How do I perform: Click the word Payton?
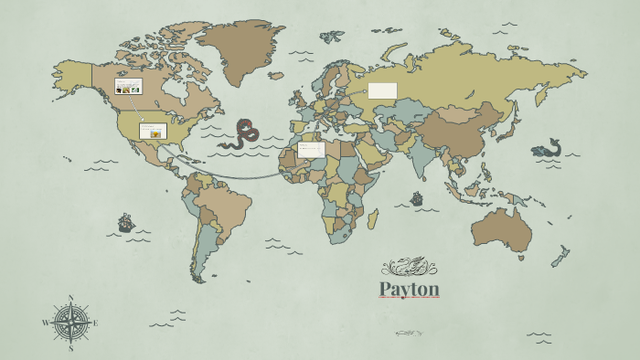point(410,290)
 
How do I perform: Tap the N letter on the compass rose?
point(70,298)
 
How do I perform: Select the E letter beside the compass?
point(95,323)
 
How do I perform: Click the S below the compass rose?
point(70,348)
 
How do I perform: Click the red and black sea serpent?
point(243,133)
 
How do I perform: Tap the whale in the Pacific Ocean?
point(547,149)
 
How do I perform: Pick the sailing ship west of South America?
point(126,222)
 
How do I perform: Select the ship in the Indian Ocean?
point(417,198)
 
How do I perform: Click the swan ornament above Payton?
point(409,267)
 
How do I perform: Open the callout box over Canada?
point(128,86)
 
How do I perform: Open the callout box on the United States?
point(153,131)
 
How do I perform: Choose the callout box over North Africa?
point(311,149)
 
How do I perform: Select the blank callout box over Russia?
point(382,90)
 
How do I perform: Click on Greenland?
point(240,50)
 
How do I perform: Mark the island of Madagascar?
point(373,218)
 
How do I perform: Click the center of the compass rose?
point(70,323)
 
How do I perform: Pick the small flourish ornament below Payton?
point(408,334)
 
